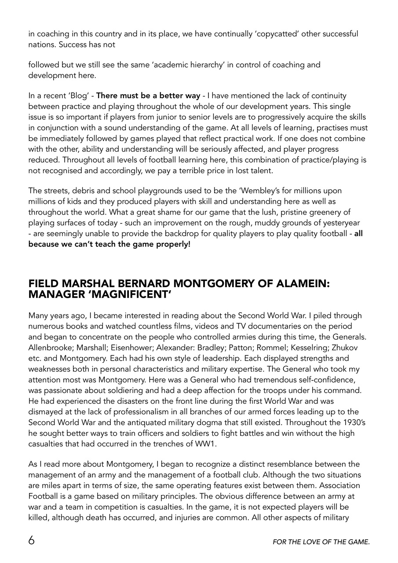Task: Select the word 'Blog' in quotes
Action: pos(79,95)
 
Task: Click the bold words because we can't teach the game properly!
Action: pos(110,244)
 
